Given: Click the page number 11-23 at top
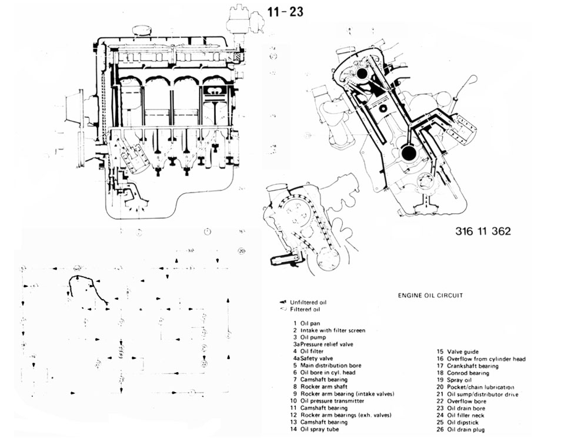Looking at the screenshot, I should click(285, 11).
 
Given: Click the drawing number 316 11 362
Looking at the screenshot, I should click(482, 231).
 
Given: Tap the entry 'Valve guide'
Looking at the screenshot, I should click(463, 352).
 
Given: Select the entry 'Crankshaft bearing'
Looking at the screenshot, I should click(472, 366).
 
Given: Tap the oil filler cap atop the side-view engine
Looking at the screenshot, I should click(142, 29).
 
